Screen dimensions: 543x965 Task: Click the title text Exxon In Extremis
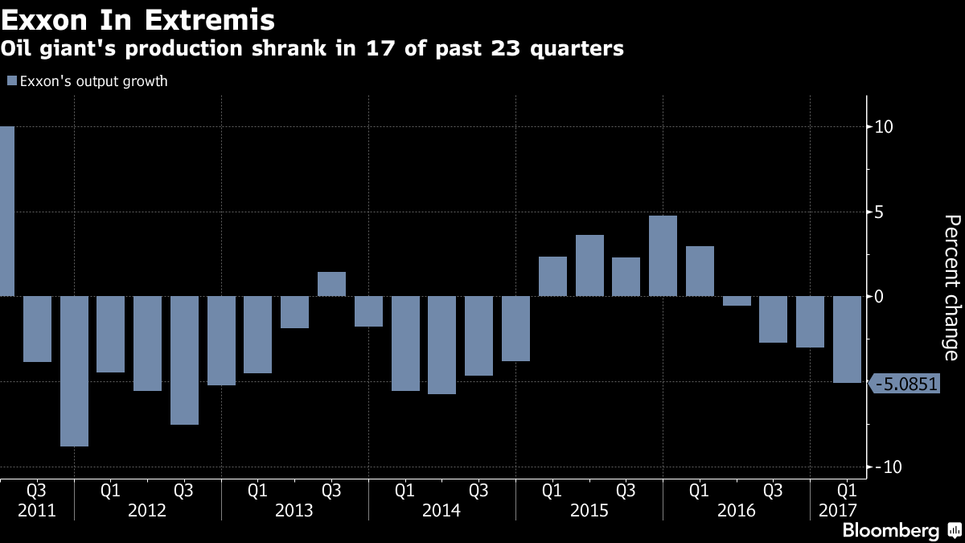click(x=137, y=19)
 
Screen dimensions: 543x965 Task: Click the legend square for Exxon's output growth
click(x=11, y=81)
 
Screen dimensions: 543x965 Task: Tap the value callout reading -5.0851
click(x=905, y=384)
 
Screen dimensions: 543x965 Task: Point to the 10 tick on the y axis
click(x=883, y=127)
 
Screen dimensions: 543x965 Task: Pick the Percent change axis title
click(x=951, y=287)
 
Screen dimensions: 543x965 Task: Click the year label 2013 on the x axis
click(x=294, y=511)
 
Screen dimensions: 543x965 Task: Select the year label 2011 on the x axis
click(x=36, y=511)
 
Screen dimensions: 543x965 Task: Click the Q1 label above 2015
click(x=552, y=490)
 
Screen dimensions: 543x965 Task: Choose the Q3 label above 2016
click(x=773, y=490)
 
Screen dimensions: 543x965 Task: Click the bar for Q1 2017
click(x=846, y=339)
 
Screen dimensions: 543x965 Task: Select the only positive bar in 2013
click(x=331, y=284)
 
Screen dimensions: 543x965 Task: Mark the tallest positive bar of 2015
click(x=663, y=256)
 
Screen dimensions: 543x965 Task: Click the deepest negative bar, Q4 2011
click(x=74, y=371)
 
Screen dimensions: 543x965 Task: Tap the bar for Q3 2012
click(x=184, y=360)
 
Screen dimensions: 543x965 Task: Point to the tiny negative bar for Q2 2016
click(x=737, y=301)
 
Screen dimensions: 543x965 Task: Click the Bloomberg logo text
click(x=890, y=530)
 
